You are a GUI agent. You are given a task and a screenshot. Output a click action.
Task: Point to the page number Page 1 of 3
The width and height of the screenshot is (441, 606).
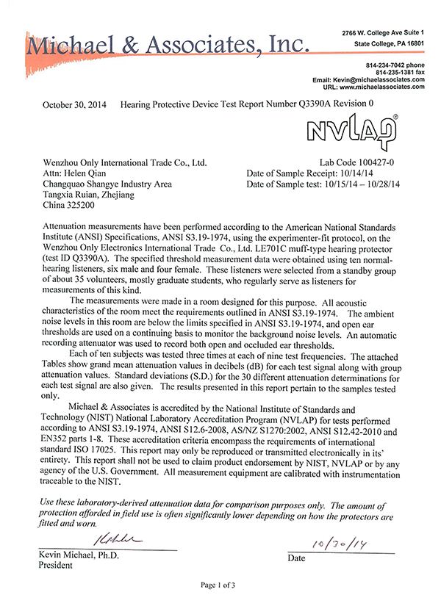(220, 585)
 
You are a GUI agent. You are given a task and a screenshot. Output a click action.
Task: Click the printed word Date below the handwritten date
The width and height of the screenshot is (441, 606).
(296, 558)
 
